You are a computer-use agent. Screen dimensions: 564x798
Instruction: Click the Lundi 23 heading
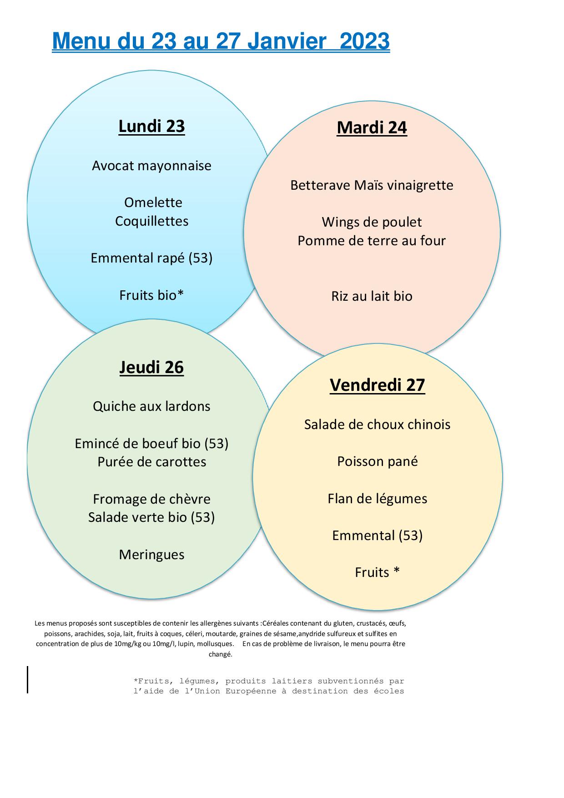point(151,126)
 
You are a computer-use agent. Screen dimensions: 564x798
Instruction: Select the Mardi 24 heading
point(372,128)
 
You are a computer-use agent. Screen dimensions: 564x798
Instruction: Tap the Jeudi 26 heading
point(151,367)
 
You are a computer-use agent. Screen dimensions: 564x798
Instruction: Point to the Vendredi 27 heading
point(377,385)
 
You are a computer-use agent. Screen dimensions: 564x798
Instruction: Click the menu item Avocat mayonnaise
point(151,166)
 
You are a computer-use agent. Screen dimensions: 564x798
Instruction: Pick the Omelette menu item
point(153,202)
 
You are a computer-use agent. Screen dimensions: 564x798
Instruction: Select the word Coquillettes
point(151,222)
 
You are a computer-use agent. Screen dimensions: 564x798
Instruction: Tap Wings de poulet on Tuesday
point(372,222)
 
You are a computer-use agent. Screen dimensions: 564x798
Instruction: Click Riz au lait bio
point(372,296)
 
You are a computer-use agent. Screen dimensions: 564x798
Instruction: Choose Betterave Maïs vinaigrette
point(372,186)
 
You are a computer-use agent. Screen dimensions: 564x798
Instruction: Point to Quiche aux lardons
point(151,406)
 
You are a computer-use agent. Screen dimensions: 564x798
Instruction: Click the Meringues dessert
point(151,555)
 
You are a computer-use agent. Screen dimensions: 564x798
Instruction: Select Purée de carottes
point(151,462)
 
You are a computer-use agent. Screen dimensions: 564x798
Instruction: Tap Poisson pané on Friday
point(377,462)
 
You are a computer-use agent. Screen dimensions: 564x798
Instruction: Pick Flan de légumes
point(377,499)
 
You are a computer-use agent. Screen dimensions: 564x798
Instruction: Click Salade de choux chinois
point(377,424)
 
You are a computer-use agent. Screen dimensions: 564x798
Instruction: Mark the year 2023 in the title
point(365,42)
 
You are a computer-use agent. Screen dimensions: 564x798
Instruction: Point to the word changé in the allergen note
point(220,655)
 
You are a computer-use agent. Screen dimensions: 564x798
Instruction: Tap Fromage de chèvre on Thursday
point(151,499)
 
